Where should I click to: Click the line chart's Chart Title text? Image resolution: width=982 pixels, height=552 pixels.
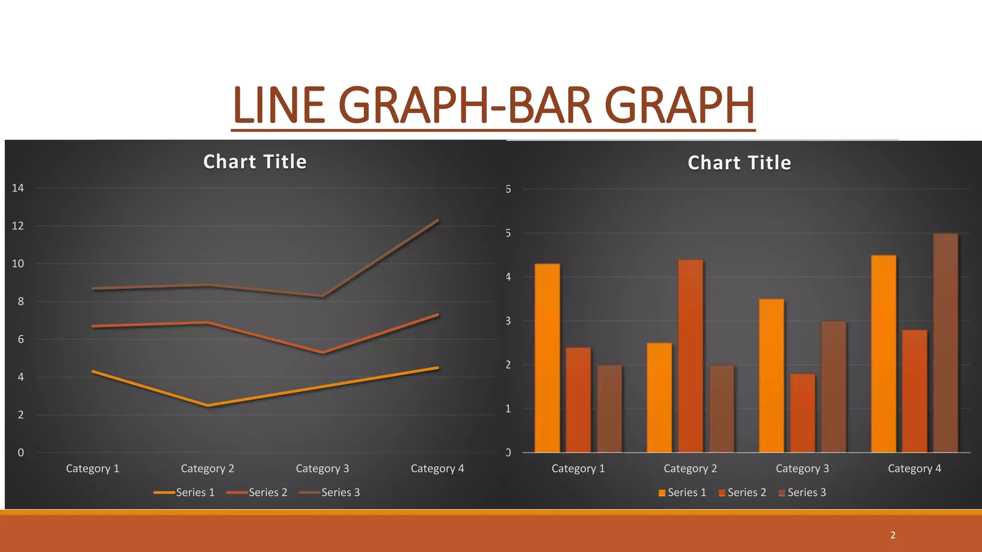255,162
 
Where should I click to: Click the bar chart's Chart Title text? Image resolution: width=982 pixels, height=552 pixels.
739,163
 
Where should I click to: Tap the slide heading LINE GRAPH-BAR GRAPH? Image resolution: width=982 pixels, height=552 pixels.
493,105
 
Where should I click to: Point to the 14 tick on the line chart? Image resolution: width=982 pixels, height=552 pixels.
18,188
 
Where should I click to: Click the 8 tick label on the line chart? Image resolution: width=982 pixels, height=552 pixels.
21,302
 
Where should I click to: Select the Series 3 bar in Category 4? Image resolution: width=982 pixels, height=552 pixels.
945,343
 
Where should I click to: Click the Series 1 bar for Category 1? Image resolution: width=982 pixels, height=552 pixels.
547,358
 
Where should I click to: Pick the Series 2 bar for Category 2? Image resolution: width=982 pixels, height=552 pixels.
690,356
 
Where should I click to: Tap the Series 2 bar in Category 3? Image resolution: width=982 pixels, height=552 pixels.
802,413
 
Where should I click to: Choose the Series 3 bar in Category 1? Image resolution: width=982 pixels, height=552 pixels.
609,408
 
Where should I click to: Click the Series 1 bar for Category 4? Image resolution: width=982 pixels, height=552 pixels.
883,354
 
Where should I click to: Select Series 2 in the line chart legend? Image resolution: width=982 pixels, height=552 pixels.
268,493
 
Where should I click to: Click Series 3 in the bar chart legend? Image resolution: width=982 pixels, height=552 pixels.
807,493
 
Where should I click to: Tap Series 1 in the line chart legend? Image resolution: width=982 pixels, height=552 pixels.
195,493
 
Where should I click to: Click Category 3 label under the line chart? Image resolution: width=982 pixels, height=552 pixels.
322,469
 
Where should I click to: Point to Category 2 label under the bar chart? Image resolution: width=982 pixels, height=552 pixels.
690,469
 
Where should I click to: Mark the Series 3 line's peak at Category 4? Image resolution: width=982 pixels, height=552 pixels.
437,221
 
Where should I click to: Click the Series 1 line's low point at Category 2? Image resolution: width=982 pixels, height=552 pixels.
208,405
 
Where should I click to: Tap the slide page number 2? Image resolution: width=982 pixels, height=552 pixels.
893,535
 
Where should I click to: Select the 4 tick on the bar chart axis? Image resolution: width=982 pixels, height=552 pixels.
508,277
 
